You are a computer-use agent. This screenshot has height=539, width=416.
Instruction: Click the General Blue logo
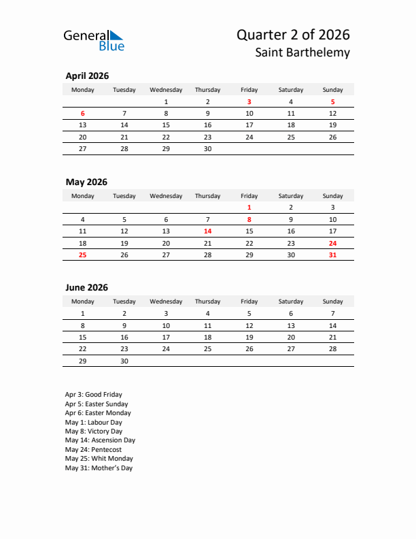coord(94,40)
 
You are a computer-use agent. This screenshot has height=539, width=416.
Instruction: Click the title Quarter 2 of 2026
coord(294,35)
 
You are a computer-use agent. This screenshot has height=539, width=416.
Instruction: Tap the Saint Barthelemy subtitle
coord(303,52)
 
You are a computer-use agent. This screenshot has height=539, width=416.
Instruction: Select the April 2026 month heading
coord(87,76)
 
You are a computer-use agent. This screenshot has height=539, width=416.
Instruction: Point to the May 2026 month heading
coord(86,182)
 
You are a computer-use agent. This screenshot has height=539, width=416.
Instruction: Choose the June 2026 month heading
coord(86,288)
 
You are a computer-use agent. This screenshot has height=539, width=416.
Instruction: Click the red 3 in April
coord(249,101)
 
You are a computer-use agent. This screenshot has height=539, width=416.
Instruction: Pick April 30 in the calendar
coord(207,148)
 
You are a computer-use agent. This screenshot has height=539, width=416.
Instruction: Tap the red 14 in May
coord(207,231)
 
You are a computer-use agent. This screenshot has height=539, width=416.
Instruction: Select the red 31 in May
coord(332,255)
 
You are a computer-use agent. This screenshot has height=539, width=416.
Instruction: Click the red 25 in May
coord(83,255)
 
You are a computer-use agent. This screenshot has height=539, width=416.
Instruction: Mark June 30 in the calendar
coord(124,361)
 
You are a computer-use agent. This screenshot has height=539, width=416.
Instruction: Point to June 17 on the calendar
coord(166,337)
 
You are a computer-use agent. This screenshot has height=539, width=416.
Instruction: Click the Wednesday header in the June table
coord(166,301)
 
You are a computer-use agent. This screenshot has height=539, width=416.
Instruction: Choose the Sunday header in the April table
coord(332,90)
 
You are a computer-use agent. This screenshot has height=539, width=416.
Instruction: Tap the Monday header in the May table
coord(83,196)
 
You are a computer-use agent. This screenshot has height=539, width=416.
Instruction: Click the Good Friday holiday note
coord(94,395)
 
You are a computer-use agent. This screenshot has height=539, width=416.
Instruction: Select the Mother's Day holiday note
coord(99,468)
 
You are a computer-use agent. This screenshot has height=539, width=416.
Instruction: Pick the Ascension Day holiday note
coord(100,440)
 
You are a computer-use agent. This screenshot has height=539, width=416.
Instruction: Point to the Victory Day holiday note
coord(94,431)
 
